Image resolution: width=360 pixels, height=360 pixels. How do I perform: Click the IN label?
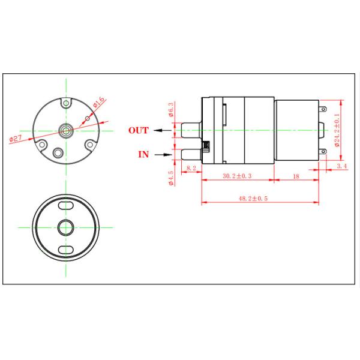(x=143, y=154)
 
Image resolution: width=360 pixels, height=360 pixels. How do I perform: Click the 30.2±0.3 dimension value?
(x=236, y=176)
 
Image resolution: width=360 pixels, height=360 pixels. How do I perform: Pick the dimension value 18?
(x=295, y=176)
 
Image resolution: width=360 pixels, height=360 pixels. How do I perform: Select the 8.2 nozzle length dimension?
(x=191, y=169)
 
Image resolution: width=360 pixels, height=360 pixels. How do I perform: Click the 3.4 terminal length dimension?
(x=341, y=165)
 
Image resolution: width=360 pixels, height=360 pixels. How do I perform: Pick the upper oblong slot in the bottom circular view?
(x=64, y=206)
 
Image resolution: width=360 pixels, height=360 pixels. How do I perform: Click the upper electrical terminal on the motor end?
(x=324, y=110)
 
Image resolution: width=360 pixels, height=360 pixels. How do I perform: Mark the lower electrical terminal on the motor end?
(x=324, y=151)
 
